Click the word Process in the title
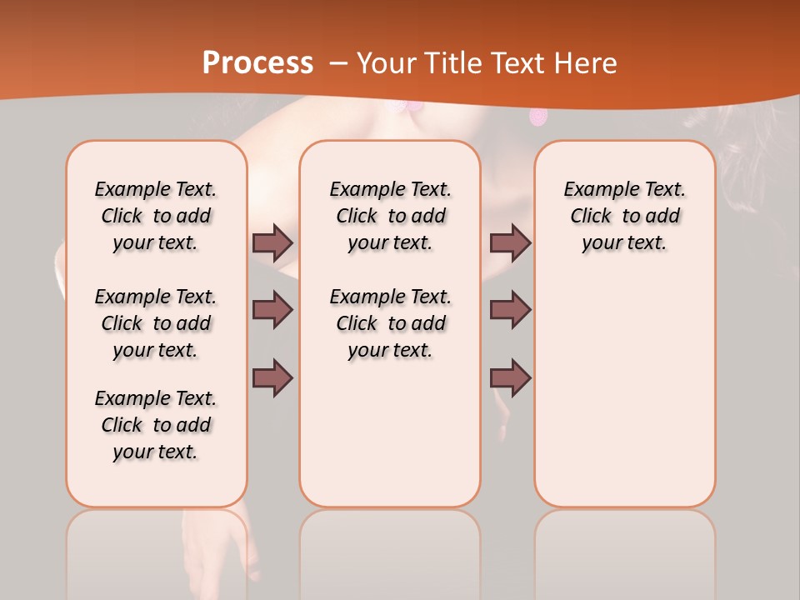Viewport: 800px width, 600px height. [x=257, y=63]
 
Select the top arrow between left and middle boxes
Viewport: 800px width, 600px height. [x=272, y=242]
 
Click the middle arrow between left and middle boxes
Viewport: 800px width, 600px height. [x=272, y=310]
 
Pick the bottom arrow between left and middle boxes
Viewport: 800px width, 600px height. [x=272, y=377]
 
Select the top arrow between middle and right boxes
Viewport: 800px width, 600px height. [x=510, y=242]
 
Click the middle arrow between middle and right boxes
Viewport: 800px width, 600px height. [x=510, y=310]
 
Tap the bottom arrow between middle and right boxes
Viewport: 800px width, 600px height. [x=510, y=377]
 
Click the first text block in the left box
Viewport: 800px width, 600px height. [x=156, y=216]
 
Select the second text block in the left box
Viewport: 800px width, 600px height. [x=156, y=323]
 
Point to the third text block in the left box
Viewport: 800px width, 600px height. [x=156, y=425]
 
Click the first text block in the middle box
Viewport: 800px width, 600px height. [x=391, y=216]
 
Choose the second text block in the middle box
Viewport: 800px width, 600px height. [x=391, y=323]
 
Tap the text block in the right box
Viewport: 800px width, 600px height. [x=625, y=216]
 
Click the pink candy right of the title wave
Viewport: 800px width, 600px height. [x=538, y=117]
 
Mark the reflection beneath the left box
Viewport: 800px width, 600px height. [x=157, y=550]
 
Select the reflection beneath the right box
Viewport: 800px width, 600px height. [x=625, y=550]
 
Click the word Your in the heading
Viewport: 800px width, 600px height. [x=387, y=63]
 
